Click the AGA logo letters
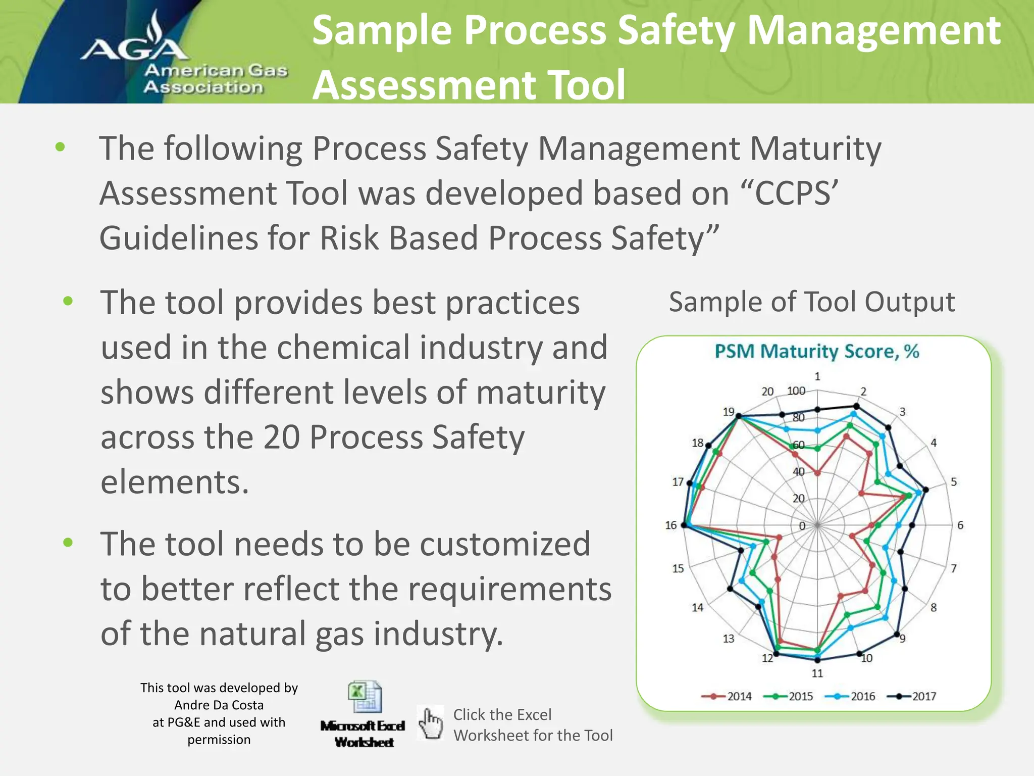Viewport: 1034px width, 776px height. pyautogui.click(x=134, y=48)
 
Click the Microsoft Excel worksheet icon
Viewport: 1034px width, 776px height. pyautogui.click(x=365, y=697)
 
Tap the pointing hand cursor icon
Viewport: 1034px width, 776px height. pyautogui.click(x=431, y=723)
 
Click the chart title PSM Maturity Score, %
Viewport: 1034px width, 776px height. pyautogui.click(x=816, y=351)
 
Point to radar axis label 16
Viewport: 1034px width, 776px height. pyautogui.click(x=670, y=525)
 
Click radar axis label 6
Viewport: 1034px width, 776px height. pyautogui.click(x=960, y=525)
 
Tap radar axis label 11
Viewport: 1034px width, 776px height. pyautogui.click(x=817, y=673)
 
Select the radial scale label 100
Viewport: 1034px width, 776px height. pyautogui.click(x=796, y=391)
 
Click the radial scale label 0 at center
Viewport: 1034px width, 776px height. pyautogui.click(x=802, y=526)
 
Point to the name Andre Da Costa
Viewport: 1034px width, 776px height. pyautogui.click(x=219, y=705)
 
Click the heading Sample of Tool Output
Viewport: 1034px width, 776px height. pyautogui.click(x=812, y=302)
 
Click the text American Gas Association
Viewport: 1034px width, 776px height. pyautogui.click(x=216, y=79)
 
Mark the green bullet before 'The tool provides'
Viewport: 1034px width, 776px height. pyautogui.click(x=68, y=302)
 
